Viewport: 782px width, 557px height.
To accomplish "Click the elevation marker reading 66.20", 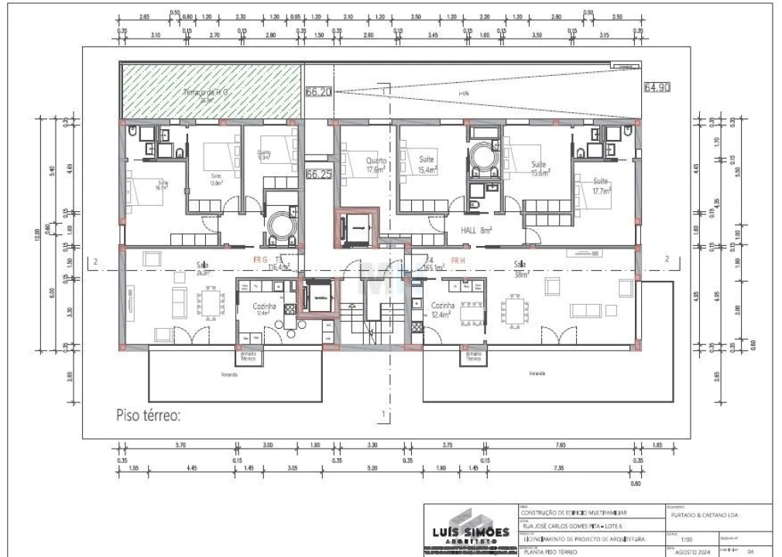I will pos(319,91).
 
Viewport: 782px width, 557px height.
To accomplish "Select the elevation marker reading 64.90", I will pos(655,87).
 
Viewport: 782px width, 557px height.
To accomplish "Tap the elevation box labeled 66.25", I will pos(318,175).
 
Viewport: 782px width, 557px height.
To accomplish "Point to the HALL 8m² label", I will pos(477,231).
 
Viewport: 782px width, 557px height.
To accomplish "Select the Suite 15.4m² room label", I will pos(428,165).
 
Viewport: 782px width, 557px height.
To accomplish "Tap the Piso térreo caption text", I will pos(148,415).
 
